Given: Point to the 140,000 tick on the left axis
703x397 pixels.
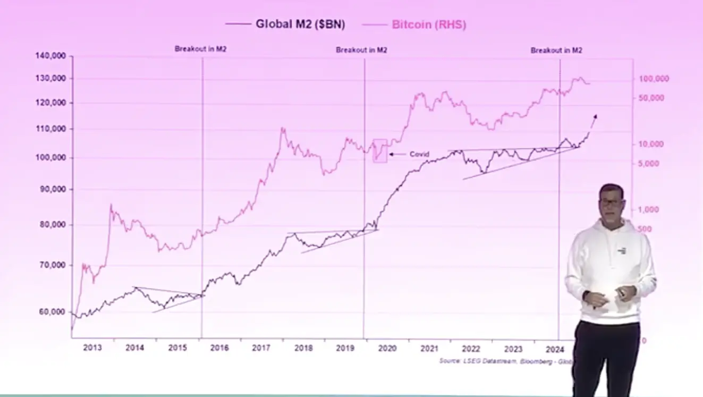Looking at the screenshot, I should tap(51, 56).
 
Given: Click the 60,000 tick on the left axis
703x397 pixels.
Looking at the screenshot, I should tap(53, 312).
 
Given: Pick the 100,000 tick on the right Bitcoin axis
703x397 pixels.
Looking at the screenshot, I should tap(654, 79).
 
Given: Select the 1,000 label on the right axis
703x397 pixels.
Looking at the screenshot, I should tap(648, 209).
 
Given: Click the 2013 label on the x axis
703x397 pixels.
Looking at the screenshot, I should tap(92, 348).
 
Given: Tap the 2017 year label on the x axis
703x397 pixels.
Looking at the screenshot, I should tap(261, 348).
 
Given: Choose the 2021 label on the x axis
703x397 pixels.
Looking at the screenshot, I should tap(429, 348).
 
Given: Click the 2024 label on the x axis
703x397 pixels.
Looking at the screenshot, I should tap(555, 348).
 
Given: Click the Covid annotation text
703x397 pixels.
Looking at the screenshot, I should tap(419, 154).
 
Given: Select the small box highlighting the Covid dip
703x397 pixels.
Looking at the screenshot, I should tap(380, 150).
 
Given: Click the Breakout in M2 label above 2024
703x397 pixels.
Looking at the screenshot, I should tap(556, 50).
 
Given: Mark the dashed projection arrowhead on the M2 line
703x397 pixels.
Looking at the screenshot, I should tap(595, 116).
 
